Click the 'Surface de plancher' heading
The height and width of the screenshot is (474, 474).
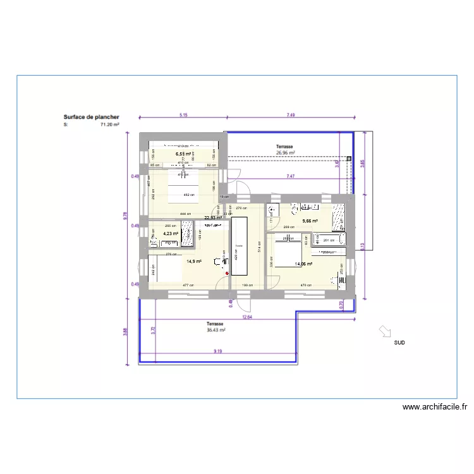click(x=91, y=117)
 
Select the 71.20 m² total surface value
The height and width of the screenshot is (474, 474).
click(x=110, y=125)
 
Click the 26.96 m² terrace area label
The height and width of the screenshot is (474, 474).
click(x=285, y=152)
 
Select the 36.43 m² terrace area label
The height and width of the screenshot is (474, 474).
click(x=216, y=330)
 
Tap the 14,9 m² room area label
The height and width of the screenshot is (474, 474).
click(x=193, y=261)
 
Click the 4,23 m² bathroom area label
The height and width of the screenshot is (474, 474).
click(x=171, y=233)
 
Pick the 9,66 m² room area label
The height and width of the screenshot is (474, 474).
click(x=310, y=221)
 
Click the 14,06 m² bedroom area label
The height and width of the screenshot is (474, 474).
click(x=303, y=264)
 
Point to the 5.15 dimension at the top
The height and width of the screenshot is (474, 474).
click(x=183, y=115)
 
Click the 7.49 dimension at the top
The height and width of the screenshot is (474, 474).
click(x=291, y=115)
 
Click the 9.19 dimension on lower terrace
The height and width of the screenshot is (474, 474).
click(x=217, y=351)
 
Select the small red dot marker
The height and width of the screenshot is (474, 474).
click(x=228, y=274)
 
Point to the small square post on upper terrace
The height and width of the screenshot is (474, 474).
click(x=349, y=158)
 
